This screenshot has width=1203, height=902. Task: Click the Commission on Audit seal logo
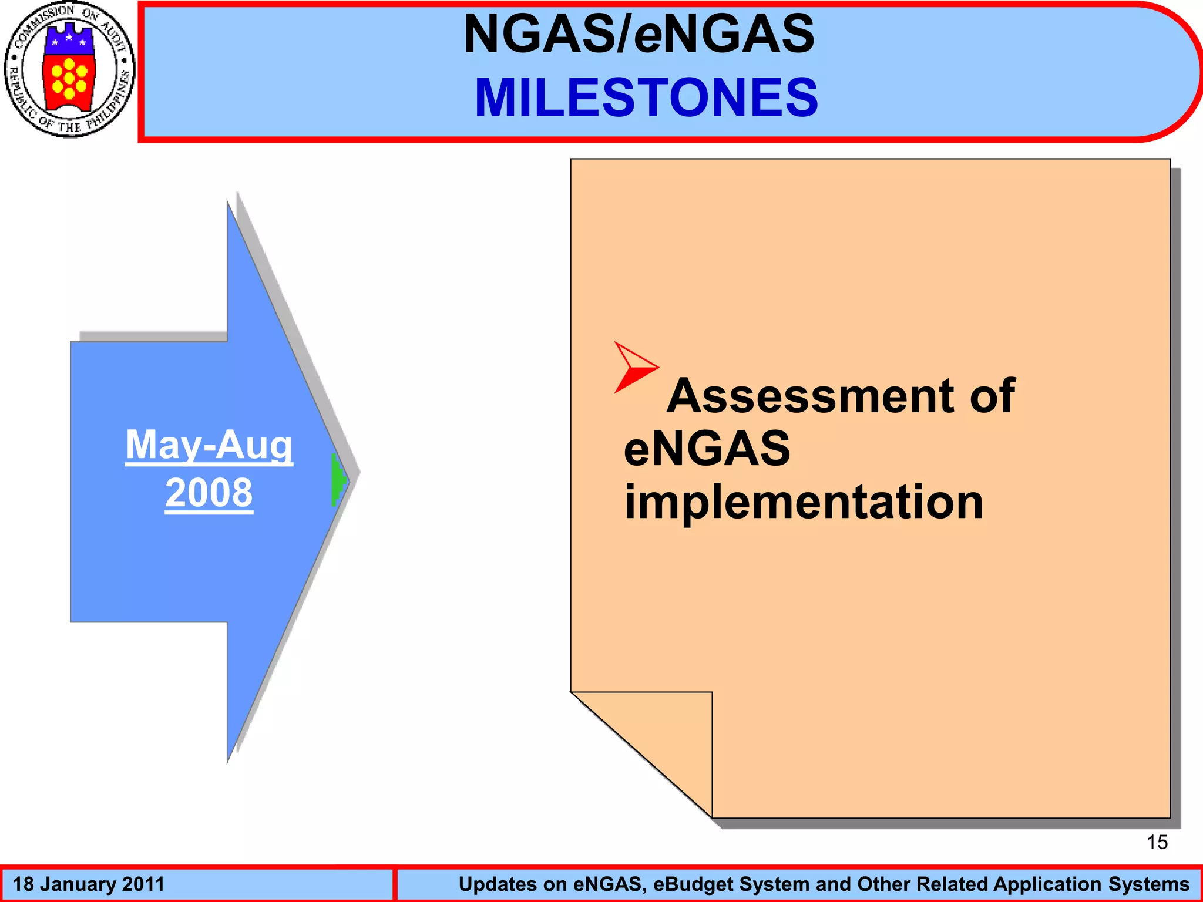(69, 69)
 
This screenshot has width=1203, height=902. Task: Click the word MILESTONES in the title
(646, 97)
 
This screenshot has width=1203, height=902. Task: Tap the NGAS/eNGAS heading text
(639, 33)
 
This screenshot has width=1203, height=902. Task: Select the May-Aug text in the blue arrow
(209, 445)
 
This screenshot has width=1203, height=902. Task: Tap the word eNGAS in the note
(707, 449)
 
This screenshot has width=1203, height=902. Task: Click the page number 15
(1157, 842)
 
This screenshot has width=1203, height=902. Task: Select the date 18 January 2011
(89, 884)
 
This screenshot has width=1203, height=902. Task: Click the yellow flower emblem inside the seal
(69, 78)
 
